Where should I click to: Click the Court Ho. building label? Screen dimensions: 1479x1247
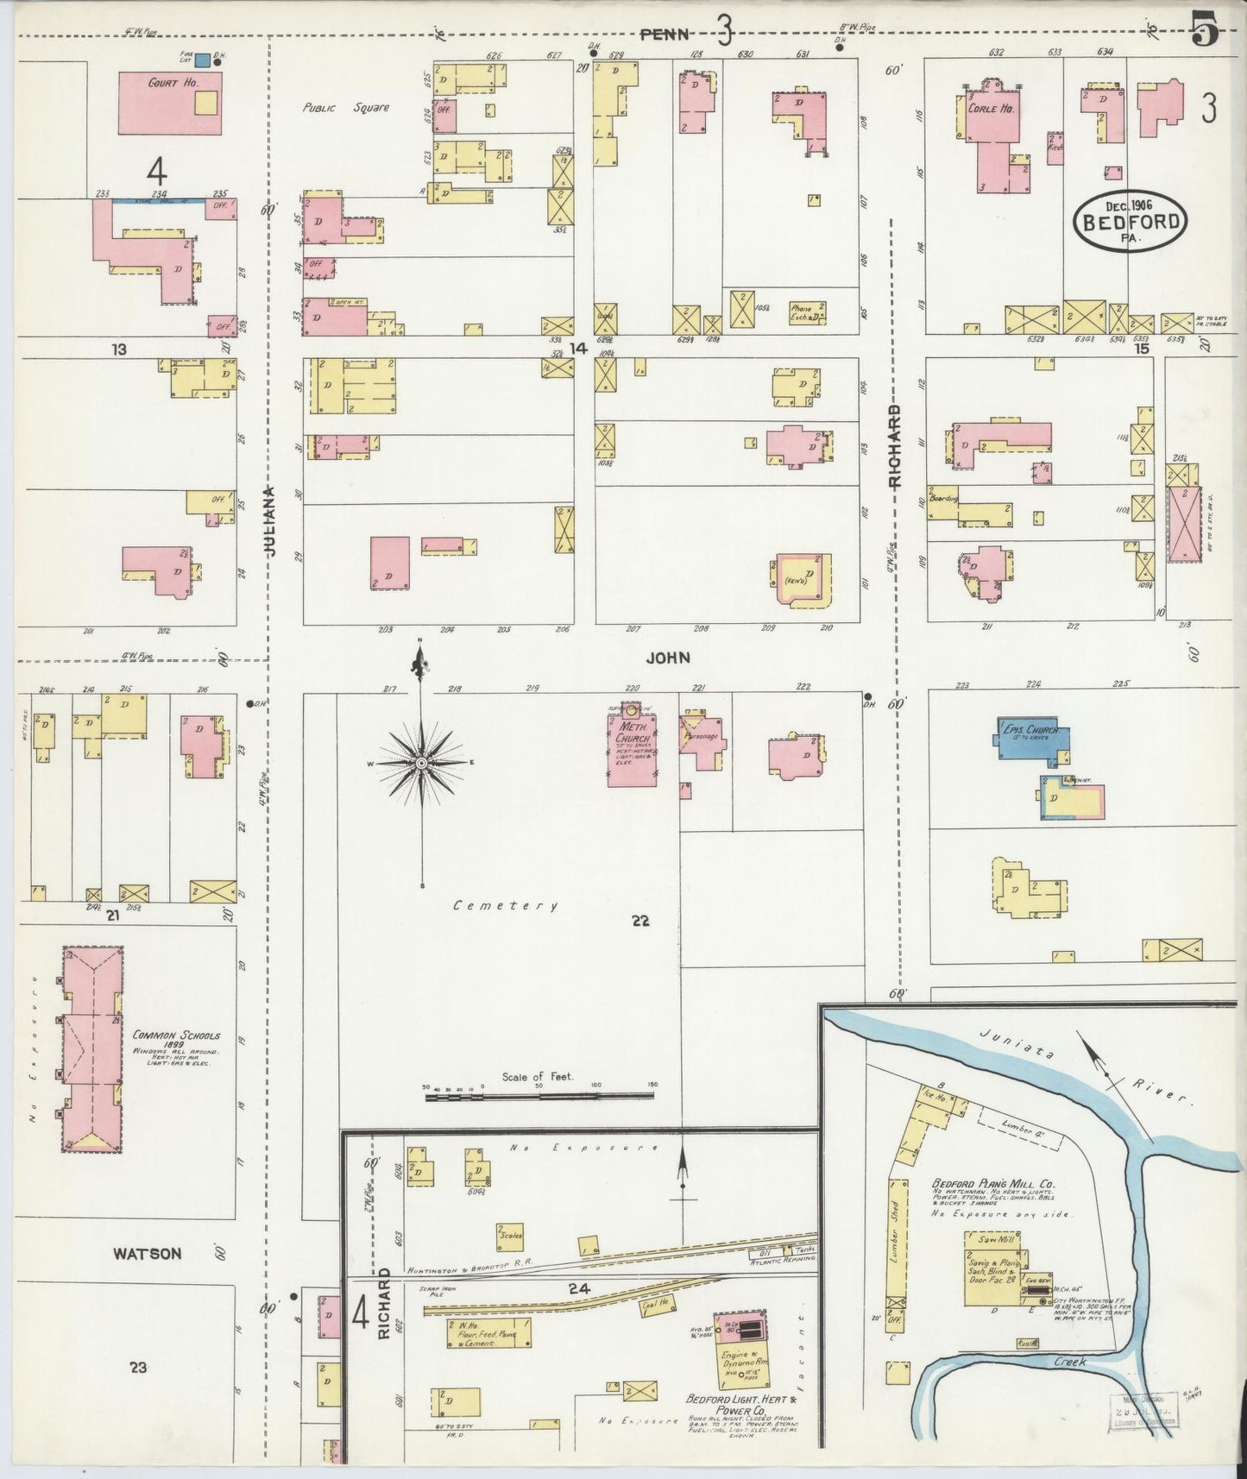point(174,84)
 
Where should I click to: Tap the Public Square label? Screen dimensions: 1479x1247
point(345,109)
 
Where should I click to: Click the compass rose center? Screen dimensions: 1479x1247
point(421,764)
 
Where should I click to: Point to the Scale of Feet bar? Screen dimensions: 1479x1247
point(538,1096)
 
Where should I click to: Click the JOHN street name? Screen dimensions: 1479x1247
point(668,658)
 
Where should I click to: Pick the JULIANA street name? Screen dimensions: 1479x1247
point(270,520)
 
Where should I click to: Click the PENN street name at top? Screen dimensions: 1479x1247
point(665,35)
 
